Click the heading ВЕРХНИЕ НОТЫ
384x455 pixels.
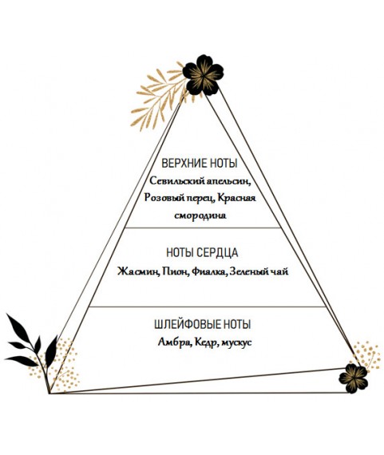199,163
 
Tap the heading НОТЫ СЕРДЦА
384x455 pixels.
202,252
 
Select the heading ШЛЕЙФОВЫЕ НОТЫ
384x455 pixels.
203,324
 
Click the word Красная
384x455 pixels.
236,198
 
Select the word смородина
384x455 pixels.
200,216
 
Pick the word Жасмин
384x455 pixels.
138,271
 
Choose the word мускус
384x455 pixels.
236,342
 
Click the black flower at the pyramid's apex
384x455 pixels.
203,75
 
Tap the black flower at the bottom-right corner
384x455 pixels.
354,378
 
